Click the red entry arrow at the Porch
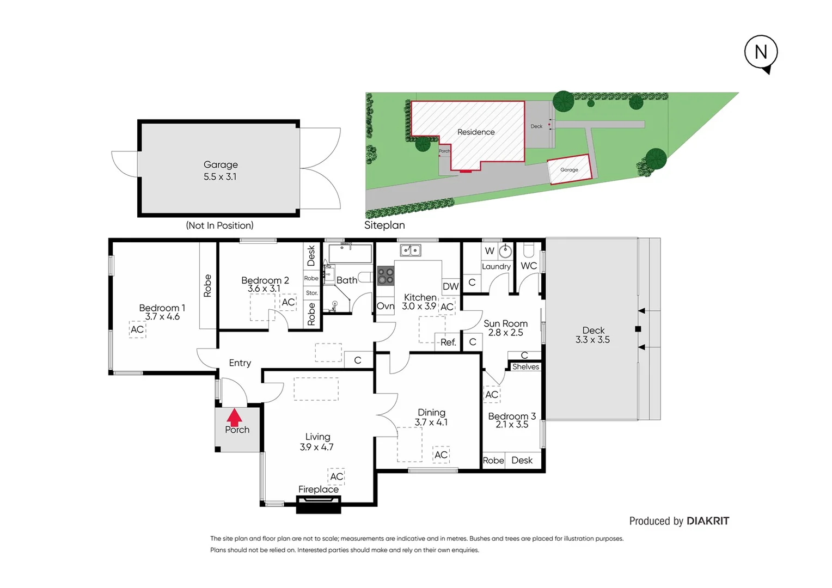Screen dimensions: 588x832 coord(234,417)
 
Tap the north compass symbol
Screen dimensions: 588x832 coord(761,53)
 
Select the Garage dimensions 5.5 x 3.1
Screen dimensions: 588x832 coord(220,177)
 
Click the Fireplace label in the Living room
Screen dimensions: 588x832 coord(319,489)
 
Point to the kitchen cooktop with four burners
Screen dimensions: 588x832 coord(386,275)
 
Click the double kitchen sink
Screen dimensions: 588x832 coord(411,250)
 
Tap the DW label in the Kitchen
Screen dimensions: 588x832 coord(450,286)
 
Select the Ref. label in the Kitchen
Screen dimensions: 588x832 coord(448,342)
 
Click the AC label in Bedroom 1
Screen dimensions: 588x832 coord(137,329)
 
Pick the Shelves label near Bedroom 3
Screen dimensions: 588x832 coord(525,367)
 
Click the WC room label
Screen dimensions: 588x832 coord(529,266)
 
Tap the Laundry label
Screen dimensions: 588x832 coord(496,267)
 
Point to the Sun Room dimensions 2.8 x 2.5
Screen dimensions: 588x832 coord(505,333)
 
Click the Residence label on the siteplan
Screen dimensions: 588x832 coord(476,132)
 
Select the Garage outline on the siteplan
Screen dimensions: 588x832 coord(569,170)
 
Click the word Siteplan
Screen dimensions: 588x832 coord(384,225)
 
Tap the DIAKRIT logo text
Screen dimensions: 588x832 coord(707,521)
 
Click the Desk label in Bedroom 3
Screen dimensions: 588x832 coord(522,461)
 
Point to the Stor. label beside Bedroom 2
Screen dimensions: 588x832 coord(311,293)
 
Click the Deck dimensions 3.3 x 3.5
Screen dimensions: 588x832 coord(592,340)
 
